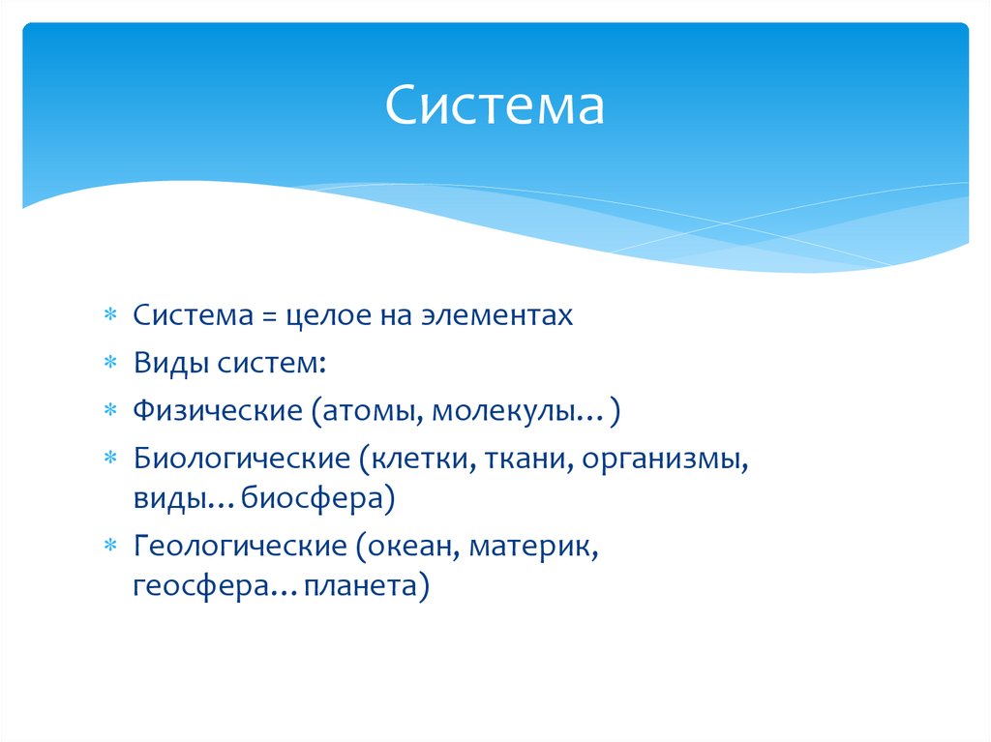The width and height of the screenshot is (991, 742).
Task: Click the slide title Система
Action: (x=495, y=106)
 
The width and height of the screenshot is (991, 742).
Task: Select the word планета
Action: (x=360, y=587)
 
